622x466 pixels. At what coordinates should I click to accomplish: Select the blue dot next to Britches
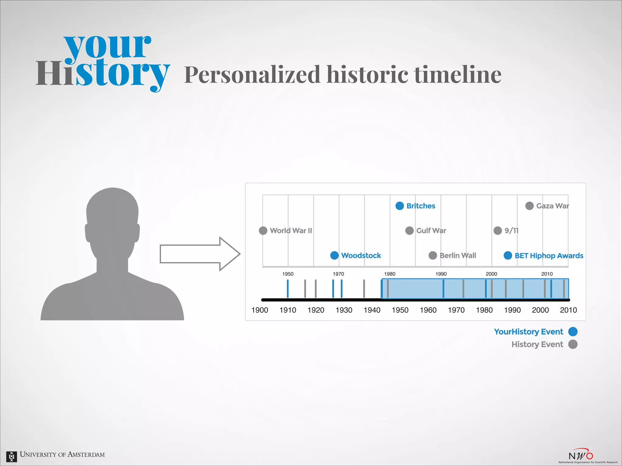(399, 206)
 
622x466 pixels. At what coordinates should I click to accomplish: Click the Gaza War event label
(552, 206)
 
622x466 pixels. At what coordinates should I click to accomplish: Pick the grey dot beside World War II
(263, 231)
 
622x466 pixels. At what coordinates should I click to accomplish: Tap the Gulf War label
(431, 231)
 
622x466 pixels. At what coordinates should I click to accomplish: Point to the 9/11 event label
(511, 231)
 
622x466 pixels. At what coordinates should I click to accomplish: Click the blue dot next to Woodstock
(334, 255)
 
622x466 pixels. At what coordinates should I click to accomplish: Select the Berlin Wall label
(458, 255)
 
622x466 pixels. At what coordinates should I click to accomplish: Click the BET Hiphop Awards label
(549, 256)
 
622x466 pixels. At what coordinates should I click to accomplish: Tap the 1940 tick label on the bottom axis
(372, 310)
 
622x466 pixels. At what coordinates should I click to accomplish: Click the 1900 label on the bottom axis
(260, 310)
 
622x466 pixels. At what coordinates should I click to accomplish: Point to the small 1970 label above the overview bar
(338, 274)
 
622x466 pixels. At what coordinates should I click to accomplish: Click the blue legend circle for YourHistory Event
(572, 332)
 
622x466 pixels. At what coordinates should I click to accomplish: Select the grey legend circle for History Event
(572, 344)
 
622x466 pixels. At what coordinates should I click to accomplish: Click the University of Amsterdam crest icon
(12, 456)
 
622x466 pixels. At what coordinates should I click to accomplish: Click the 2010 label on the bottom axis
(568, 310)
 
